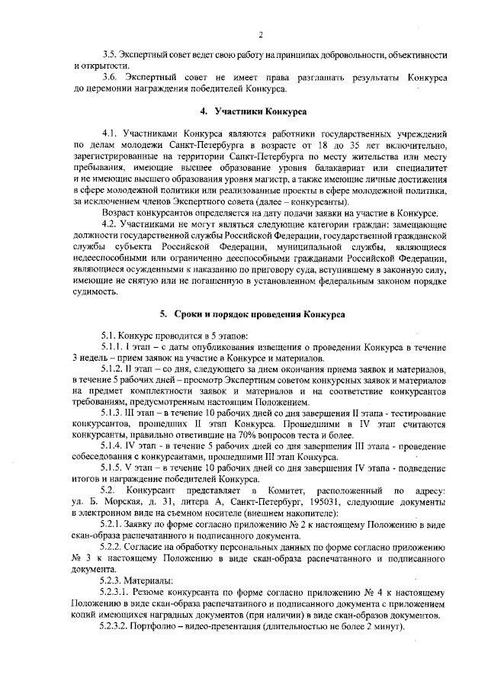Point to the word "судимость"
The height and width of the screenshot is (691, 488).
(x=96, y=291)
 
